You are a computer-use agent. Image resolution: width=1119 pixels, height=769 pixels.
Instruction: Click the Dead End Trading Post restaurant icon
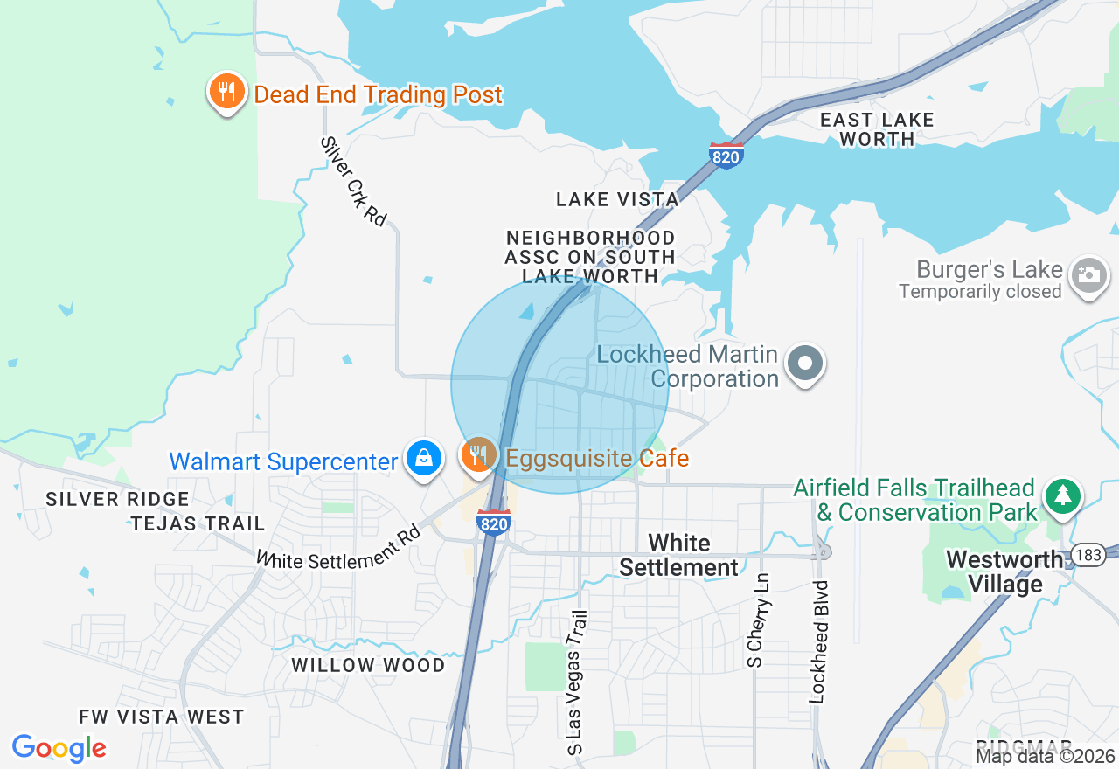pos(226,92)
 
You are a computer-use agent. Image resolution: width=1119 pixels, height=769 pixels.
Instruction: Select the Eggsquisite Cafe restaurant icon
pos(478,455)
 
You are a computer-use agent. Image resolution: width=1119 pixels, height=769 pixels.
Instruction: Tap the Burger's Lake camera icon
pos(1088,277)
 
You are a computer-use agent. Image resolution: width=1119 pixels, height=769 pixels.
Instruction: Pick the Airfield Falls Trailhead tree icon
pos(1062,495)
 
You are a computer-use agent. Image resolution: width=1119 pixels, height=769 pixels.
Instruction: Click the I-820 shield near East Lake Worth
pos(726,155)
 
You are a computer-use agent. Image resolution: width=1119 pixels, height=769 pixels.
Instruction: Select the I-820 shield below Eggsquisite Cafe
pos(494,522)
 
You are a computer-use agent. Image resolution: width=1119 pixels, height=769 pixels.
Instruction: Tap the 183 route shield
pos(1088,556)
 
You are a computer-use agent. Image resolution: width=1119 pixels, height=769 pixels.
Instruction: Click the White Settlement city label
pos(678,556)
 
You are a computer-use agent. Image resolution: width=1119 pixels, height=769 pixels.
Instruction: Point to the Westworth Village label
pos(1005,572)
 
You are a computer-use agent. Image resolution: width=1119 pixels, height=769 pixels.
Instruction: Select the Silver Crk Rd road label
pos(353,182)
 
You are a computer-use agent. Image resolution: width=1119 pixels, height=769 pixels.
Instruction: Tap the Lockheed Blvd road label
pos(818,640)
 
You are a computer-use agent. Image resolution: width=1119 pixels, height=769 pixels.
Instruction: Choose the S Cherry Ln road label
pos(756,620)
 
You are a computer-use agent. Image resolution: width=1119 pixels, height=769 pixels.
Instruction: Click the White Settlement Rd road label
pos(339,547)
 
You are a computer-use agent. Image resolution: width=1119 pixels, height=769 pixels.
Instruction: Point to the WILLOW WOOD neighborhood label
pos(368,665)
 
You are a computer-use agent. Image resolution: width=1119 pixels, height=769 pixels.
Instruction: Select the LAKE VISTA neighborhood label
pos(617,199)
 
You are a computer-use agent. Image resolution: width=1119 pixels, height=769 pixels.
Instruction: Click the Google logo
pos(59,748)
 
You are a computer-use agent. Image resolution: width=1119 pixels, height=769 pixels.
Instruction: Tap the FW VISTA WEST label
pos(162,717)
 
